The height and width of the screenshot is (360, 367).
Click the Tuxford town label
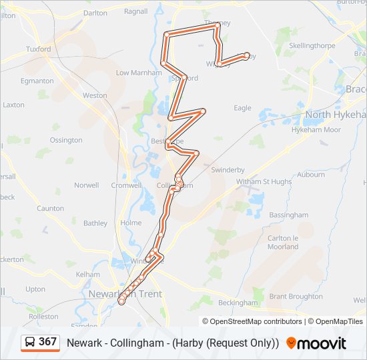[x=38, y=49]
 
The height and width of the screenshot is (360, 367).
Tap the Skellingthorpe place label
[x=311, y=45]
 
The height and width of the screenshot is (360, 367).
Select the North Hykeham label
[x=336, y=115]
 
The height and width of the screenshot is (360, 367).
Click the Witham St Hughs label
[x=264, y=181]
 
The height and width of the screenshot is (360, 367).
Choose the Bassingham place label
[x=288, y=215]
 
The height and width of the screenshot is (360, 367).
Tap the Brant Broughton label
[x=296, y=297]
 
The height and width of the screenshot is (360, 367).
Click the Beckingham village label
[x=238, y=303]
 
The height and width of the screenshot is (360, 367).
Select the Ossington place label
[x=66, y=140]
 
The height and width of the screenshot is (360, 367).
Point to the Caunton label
[x=50, y=209]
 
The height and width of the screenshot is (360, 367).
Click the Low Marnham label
[x=139, y=73]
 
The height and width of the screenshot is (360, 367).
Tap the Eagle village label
[x=242, y=108]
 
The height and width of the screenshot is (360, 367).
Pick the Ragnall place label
[x=135, y=11]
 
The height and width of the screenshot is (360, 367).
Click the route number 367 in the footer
[x=47, y=342]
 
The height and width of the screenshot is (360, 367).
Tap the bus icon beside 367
[x=31, y=343]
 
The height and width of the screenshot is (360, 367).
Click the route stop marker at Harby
[x=247, y=56]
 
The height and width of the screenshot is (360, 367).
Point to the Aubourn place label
[x=310, y=175]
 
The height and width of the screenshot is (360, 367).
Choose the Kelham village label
[x=88, y=274]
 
